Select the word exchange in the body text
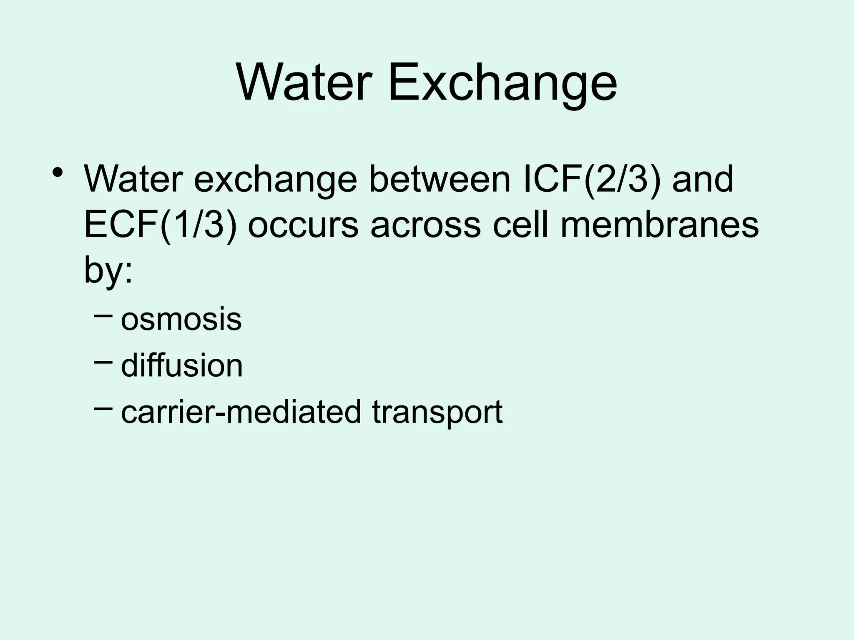coord(276,180)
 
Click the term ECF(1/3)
coord(161,225)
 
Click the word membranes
coord(659,225)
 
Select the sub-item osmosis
coord(181,320)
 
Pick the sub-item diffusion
coord(182,365)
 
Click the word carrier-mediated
coord(241,412)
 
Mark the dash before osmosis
coord(103,316)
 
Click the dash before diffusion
coord(103,362)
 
